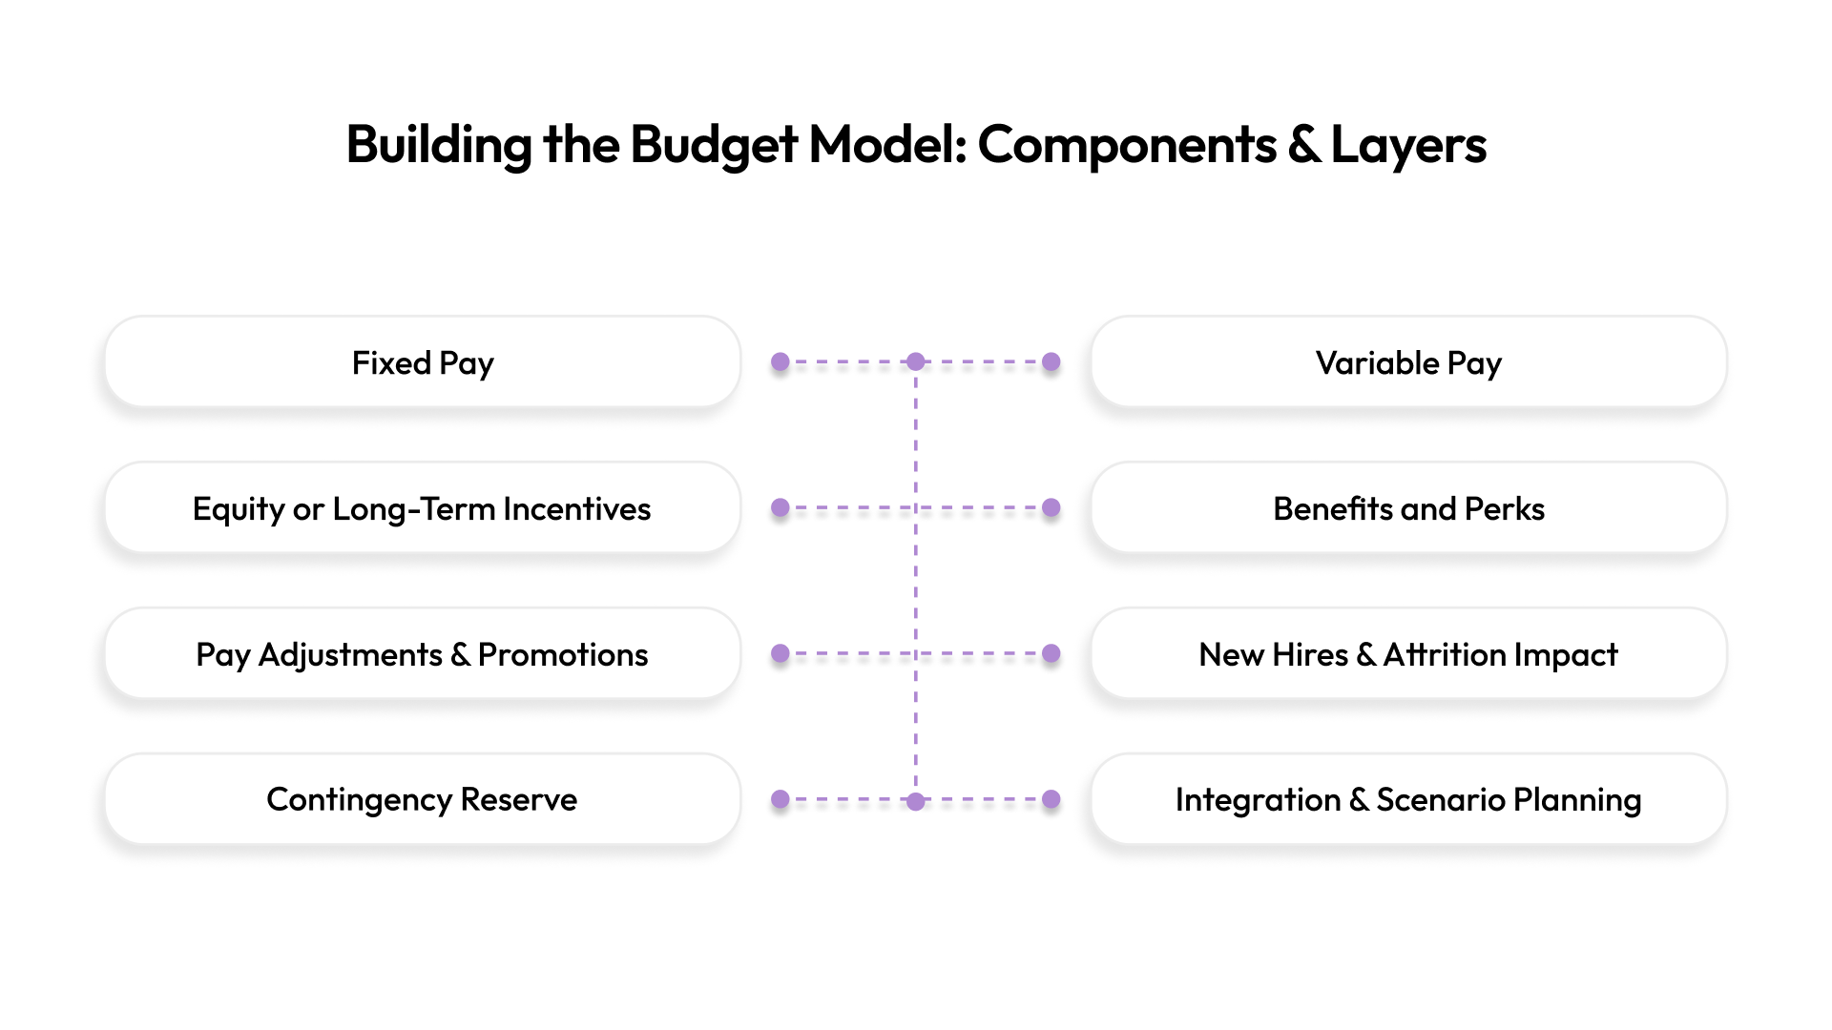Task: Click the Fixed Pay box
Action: [423, 362]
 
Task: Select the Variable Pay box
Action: [1408, 362]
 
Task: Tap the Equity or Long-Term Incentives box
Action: [423, 508]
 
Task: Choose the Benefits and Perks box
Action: [1408, 508]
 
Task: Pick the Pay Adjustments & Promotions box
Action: [423, 654]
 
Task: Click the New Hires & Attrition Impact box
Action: [1408, 654]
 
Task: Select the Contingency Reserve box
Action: [423, 799]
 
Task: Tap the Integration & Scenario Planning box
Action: [1408, 799]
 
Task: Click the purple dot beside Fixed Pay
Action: [781, 362]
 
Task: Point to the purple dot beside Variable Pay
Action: [1051, 362]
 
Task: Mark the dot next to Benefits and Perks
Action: [1051, 508]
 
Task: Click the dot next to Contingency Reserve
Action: [781, 799]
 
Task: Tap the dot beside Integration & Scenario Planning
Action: [1051, 799]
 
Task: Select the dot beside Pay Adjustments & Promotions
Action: [781, 654]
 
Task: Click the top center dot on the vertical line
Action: [916, 362]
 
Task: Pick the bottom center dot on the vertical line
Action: [916, 801]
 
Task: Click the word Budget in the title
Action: [714, 145]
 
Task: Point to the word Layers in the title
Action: [1408, 145]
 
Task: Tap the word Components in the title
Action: [1127, 145]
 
